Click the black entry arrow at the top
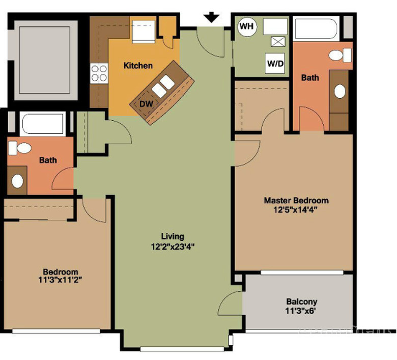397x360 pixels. coord(212,17)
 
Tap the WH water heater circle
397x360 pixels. coord(247,26)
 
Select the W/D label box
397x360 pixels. coord(275,63)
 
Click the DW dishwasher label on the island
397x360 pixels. coord(147,103)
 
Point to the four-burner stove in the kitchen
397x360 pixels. coord(99,73)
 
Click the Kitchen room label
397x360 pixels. coord(138,66)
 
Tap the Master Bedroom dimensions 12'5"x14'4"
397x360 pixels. coord(296,210)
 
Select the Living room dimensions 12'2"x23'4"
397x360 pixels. coord(173,246)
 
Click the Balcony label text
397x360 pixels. coord(301,301)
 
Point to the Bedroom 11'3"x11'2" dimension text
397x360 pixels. coord(60,280)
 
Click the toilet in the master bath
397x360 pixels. coord(341,55)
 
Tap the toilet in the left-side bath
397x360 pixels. coord(20,148)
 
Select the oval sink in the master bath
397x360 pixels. coord(340,91)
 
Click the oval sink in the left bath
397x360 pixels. coord(17,181)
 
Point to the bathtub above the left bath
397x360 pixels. coord(43,124)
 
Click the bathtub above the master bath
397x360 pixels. coord(316,29)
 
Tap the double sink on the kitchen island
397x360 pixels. coord(163,86)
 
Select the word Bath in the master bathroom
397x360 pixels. coord(310,77)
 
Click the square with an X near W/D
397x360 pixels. coord(278,42)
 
